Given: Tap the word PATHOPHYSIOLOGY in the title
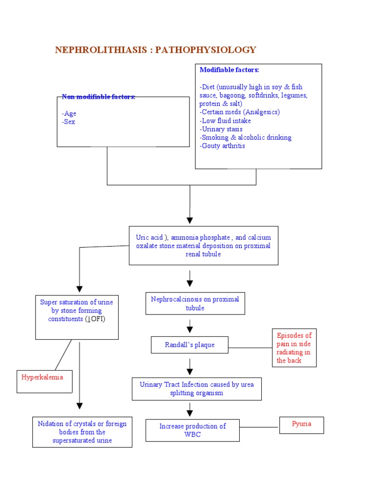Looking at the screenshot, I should click(x=206, y=50).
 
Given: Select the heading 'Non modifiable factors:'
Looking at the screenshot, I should click(x=98, y=97).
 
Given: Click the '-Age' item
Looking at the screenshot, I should click(x=69, y=113).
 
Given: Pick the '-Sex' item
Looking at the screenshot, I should click(x=69, y=122).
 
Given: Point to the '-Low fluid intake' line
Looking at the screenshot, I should click(x=225, y=121).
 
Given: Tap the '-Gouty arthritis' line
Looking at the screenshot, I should click(x=222, y=146).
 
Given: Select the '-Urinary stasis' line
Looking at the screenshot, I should click(x=221, y=129).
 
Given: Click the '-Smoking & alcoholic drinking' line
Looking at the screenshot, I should click(x=245, y=138).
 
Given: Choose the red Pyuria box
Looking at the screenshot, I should click(x=301, y=425).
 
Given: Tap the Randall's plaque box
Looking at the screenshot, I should click(x=189, y=345).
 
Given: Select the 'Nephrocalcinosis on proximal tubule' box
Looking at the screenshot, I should click(x=195, y=303).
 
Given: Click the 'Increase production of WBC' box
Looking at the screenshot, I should click(x=192, y=430).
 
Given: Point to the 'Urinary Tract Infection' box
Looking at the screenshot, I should click(x=196, y=389).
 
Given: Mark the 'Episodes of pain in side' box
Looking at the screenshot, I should click(x=294, y=348).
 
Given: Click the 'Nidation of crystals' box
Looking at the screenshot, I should click(x=82, y=432).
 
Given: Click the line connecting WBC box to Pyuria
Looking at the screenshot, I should click(x=259, y=427).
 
